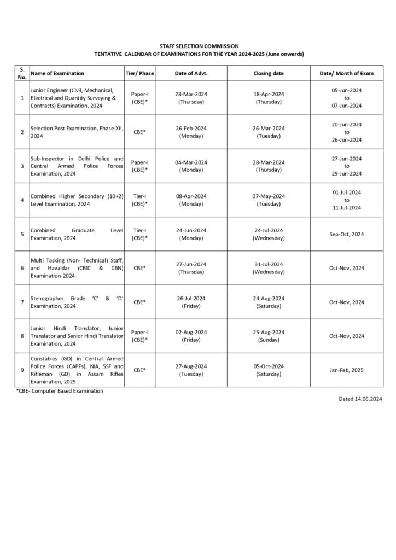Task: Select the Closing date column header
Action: point(269,73)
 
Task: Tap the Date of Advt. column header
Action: point(191,73)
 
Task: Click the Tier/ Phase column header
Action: point(139,73)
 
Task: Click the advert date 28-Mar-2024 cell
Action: point(191,94)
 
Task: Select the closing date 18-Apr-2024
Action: point(269,94)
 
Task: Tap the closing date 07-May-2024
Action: point(269,196)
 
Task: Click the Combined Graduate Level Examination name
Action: point(77,234)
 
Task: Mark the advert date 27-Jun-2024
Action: point(191,264)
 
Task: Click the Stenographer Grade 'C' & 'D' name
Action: point(77,302)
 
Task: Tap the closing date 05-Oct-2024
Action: point(269,366)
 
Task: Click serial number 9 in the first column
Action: point(22,370)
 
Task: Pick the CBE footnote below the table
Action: point(60,391)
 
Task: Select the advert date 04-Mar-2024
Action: point(191,162)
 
